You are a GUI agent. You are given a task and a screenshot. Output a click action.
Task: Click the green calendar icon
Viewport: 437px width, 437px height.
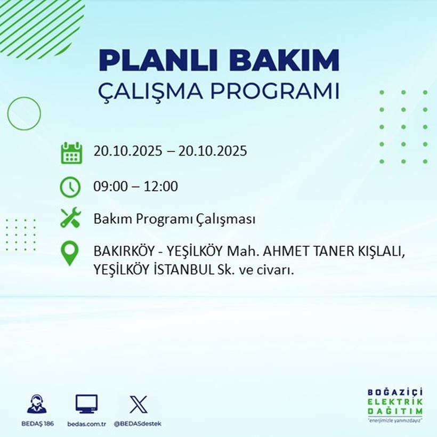tap(71, 152)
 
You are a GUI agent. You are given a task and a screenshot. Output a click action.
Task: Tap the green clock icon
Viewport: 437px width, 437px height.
tap(71, 187)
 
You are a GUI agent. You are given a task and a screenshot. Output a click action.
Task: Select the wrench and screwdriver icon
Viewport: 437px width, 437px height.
tap(71, 218)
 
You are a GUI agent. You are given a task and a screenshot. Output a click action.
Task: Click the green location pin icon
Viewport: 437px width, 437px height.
tap(71, 254)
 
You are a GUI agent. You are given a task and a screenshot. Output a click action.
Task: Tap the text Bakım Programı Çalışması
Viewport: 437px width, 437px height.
tap(174, 219)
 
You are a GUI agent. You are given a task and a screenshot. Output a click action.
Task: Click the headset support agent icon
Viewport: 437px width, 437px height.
tap(37, 404)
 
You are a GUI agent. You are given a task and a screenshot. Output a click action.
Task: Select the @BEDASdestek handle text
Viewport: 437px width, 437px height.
tap(137, 424)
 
